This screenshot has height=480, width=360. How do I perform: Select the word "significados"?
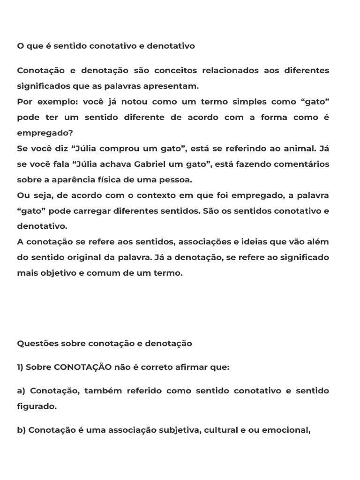(x=41, y=86)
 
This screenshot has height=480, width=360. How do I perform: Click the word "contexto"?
(x=147, y=195)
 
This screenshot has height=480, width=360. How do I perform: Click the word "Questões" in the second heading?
(x=37, y=343)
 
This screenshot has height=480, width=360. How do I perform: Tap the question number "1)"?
(x=20, y=367)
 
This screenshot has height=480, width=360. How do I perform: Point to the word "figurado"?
(x=35, y=406)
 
